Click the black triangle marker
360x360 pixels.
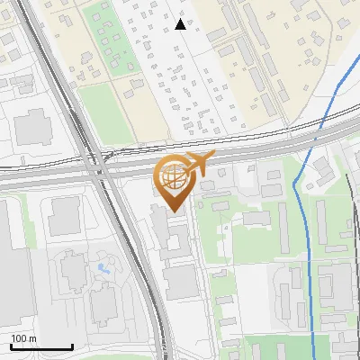point(181,24)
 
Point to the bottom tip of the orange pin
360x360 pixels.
point(173,212)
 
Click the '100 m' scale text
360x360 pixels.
point(23,338)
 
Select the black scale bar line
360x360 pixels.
point(41,347)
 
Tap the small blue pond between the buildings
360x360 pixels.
point(102,268)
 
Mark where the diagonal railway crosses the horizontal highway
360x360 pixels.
point(100,167)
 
